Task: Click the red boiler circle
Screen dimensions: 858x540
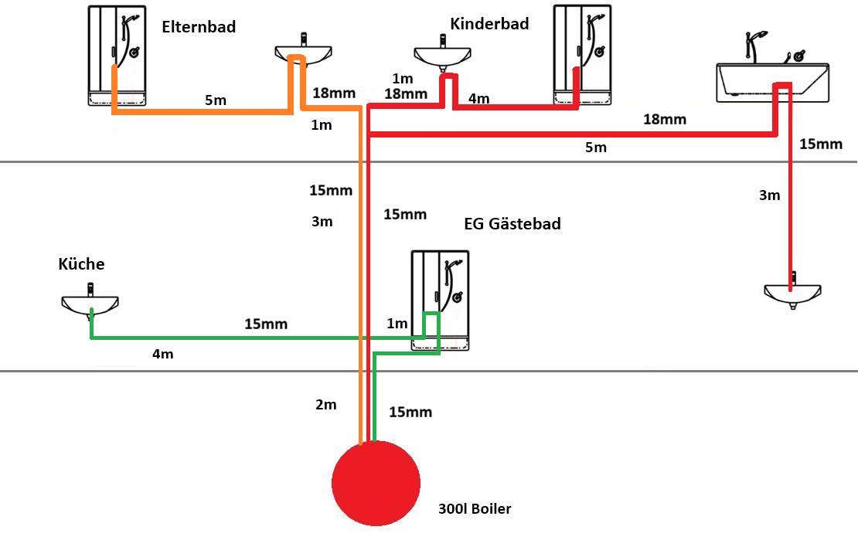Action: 376,483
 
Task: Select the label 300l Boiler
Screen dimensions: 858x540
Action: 475,509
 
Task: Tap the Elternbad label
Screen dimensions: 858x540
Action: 199,27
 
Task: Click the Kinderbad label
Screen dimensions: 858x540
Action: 489,23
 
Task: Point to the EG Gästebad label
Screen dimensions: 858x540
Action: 512,224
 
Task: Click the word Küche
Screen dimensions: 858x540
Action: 81,263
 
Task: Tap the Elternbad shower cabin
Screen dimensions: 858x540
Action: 117,56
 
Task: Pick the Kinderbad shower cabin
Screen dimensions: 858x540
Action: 582,55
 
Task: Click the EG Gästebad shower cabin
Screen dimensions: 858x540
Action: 440,301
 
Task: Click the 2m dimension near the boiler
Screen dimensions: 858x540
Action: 325,405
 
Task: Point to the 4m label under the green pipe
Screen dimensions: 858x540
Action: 162,354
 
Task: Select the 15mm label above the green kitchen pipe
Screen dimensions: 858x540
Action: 266,324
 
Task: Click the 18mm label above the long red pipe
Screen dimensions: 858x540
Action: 664,119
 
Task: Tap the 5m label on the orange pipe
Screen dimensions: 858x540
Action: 216,100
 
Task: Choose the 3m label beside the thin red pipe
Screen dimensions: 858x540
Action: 769,195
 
